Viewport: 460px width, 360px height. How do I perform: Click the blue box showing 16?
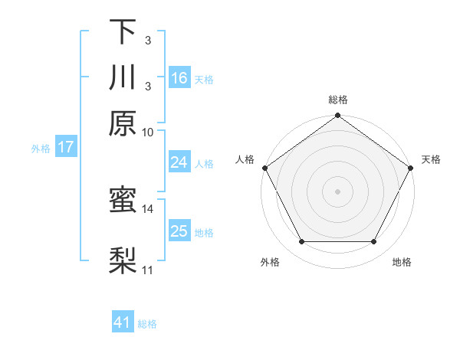coord(179,77)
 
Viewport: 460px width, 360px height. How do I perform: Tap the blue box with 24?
coord(179,162)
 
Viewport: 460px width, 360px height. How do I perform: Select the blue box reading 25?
coord(179,231)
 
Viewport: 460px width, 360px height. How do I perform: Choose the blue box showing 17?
coord(66,147)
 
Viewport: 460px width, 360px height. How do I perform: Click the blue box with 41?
coord(123,322)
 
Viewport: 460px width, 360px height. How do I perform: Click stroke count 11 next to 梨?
coord(147,270)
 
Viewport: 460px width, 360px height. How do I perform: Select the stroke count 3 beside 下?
coord(147,39)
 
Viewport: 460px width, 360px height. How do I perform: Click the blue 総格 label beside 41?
coord(147,324)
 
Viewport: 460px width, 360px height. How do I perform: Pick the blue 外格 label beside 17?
coord(41,148)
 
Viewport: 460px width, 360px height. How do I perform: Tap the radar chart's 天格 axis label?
coord(431,159)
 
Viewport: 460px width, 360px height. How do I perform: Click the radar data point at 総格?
coord(337,116)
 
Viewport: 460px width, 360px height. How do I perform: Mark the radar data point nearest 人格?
coord(265,168)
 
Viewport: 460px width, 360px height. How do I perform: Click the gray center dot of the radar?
coord(337,191)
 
